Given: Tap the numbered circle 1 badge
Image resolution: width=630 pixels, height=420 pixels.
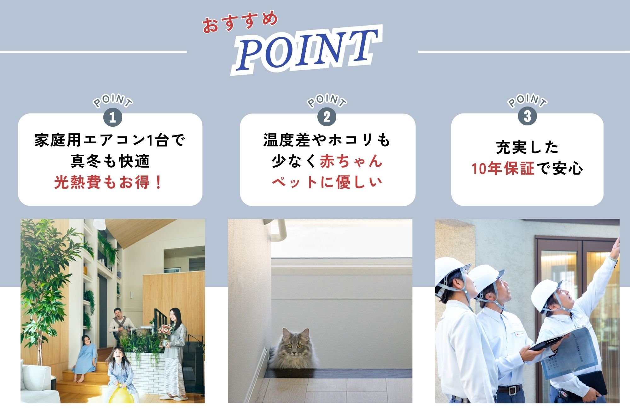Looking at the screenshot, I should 112,118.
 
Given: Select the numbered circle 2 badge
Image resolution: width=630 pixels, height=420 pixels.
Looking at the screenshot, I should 327,117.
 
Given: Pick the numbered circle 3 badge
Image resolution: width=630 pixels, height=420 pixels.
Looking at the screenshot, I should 527,116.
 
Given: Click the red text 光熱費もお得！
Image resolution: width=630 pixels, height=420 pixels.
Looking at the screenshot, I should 109,182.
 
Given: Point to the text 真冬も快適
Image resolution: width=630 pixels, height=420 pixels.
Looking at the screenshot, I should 110,161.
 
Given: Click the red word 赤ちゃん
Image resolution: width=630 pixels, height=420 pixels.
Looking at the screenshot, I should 351,161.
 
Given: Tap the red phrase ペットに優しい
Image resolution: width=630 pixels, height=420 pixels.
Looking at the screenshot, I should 327,182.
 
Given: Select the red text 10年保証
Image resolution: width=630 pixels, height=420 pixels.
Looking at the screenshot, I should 503,169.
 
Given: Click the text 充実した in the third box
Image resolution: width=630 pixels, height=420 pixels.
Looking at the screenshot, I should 527,147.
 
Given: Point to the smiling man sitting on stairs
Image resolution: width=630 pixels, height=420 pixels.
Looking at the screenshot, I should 119,318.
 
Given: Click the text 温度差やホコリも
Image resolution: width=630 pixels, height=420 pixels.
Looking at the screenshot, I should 327,140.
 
